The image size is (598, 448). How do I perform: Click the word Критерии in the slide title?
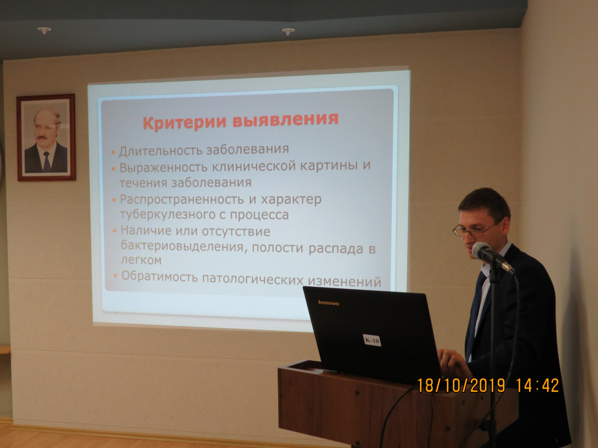tap(184, 123)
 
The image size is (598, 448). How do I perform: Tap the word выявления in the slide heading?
tap(286, 120)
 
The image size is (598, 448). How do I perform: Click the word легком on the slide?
tap(141, 260)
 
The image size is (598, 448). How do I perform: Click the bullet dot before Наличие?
tap(115, 231)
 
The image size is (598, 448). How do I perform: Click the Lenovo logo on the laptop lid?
tap(329, 303)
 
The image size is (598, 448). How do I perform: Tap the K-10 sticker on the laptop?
tap(372, 340)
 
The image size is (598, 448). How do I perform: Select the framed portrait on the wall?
tap(46, 137)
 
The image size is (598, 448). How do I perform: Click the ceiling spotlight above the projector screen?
tap(288, 31)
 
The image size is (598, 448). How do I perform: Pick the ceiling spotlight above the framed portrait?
tap(44, 30)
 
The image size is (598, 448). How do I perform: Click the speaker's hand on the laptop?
tap(451, 360)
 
